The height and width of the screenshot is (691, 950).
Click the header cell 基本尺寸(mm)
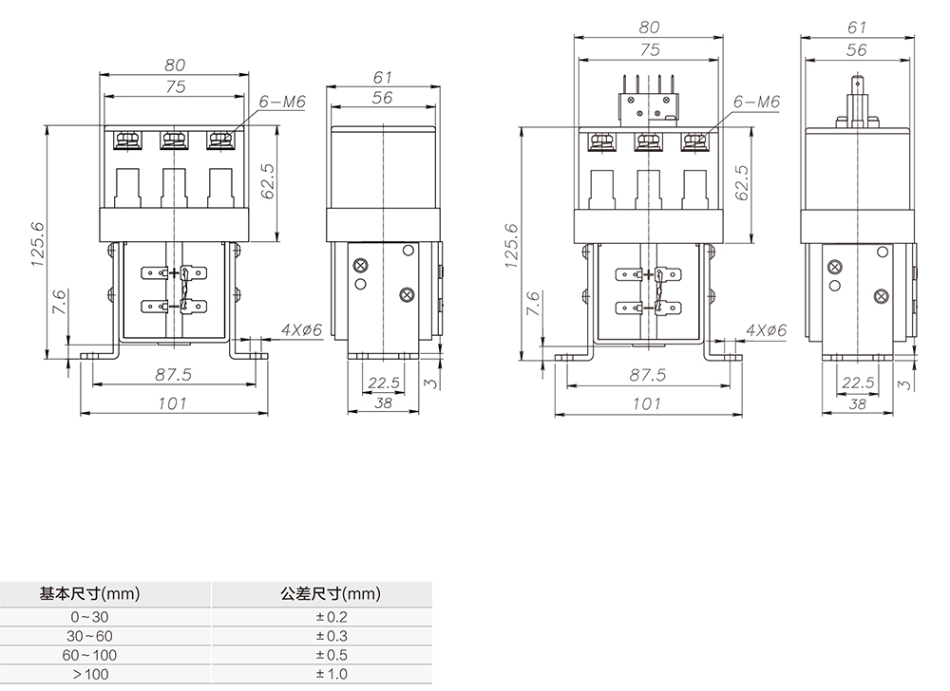coord(90,595)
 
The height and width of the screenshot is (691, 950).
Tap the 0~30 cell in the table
coord(90,617)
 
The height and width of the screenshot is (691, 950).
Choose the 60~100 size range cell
coord(90,655)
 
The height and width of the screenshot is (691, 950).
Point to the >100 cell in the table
coord(90,674)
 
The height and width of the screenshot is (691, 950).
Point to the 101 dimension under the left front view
coord(172,403)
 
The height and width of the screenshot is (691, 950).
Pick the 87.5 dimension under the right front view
coord(647,376)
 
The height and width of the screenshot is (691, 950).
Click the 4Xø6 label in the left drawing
coord(302,330)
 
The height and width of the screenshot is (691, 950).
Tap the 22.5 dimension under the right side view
coord(857,383)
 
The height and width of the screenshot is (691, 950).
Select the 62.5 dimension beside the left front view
coord(268,180)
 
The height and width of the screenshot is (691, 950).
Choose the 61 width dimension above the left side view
coord(383,76)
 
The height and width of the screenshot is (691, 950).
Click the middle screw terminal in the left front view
coord(172,140)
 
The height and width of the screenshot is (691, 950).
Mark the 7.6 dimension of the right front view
coord(533,303)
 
